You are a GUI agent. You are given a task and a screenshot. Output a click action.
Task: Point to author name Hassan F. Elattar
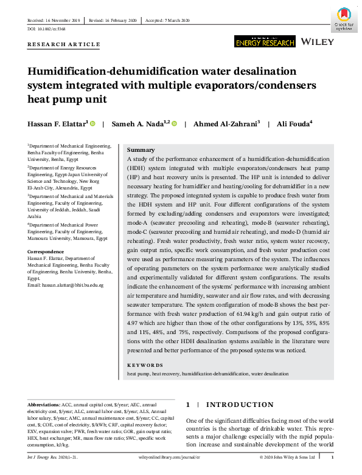tap(58, 124)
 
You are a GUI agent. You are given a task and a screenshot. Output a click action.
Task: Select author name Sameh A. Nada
tap(141, 124)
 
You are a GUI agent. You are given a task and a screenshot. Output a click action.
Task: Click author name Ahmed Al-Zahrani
tap(226, 124)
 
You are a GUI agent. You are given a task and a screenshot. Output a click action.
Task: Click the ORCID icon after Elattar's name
tap(93, 124)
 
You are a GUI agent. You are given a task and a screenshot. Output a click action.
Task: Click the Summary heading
tap(141, 149)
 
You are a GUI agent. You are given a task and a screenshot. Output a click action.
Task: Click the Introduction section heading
tap(243, 405)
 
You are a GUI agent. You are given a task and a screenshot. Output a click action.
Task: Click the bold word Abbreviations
tap(44, 403)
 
